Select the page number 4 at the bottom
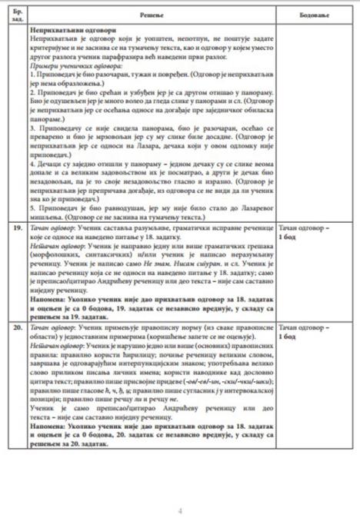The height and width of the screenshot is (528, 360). pos(179,510)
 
